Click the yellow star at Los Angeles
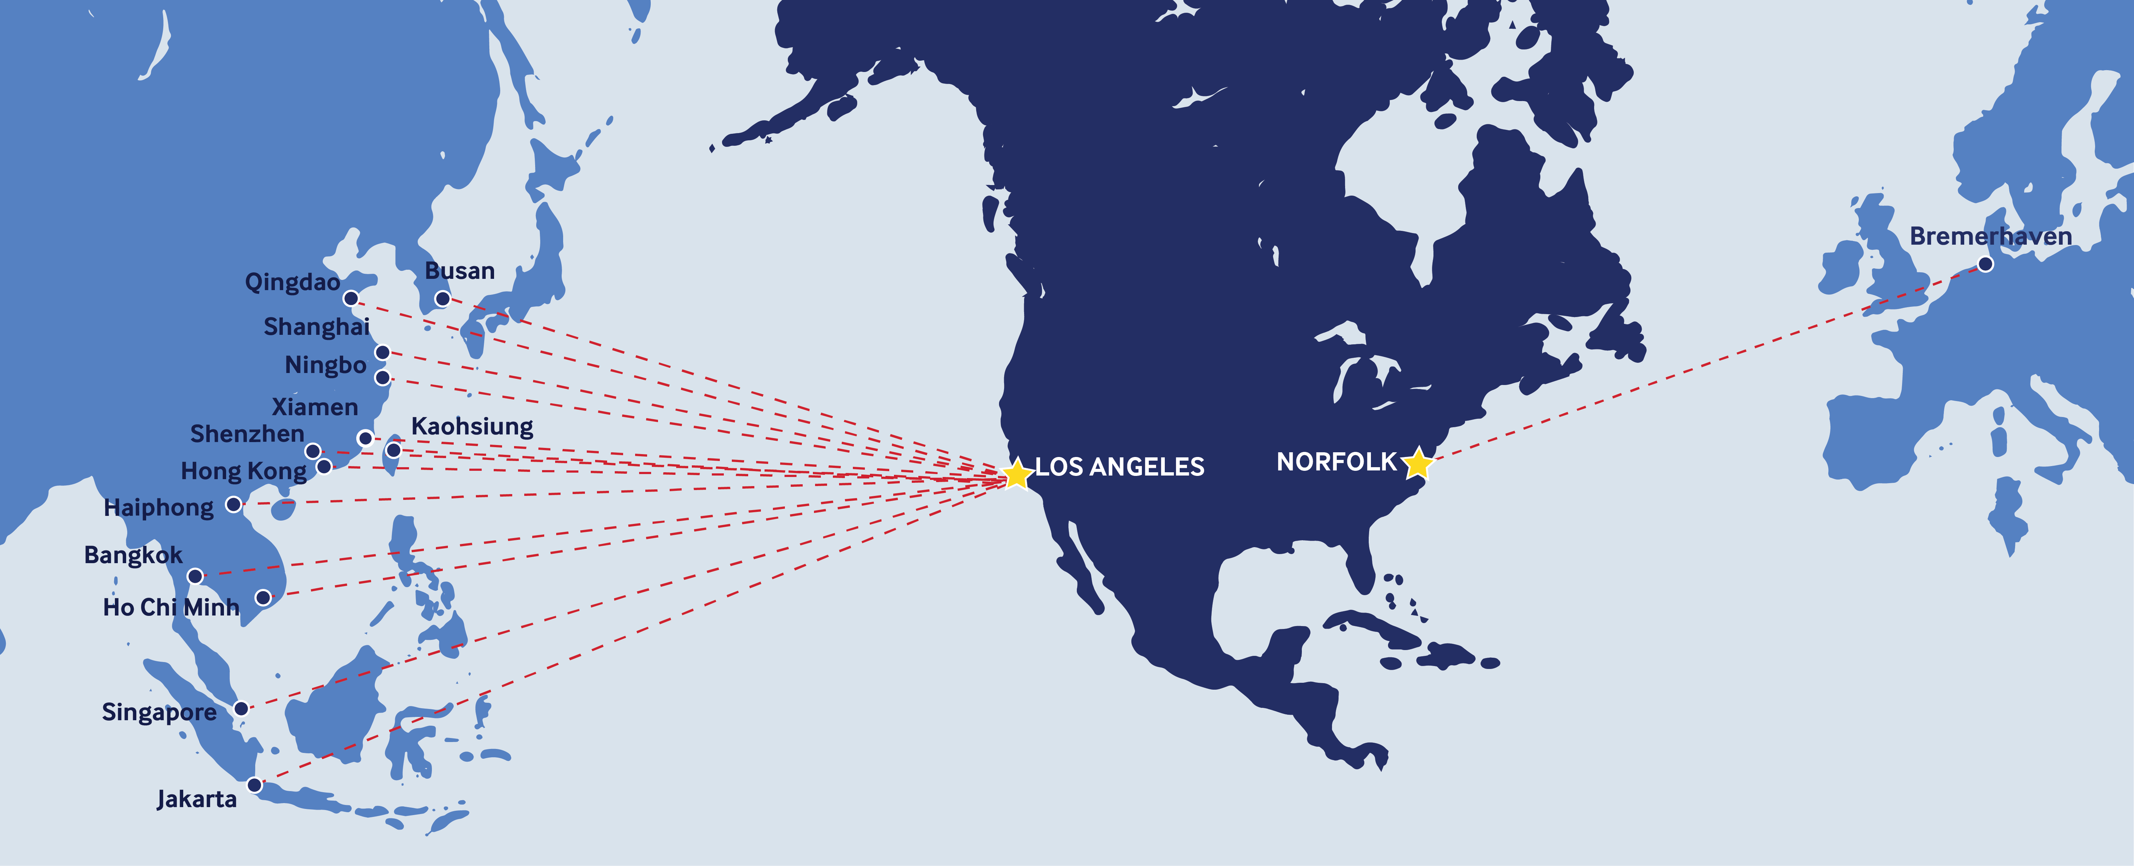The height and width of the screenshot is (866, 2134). click(x=1016, y=472)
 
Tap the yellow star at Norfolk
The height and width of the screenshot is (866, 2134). click(x=1417, y=462)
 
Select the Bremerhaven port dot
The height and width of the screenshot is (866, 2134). click(x=1985, y=264)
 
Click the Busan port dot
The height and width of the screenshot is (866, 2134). click(x=442, y=298)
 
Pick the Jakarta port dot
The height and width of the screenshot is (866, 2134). click(x=254, y=785)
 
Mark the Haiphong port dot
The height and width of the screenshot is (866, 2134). click(x=234, y=504)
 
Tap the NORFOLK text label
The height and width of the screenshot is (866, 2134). click(x=1336, y=462)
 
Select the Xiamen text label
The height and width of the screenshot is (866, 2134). click(x=315, y=407)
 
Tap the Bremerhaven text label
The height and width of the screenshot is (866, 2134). click(x=1990, y=236)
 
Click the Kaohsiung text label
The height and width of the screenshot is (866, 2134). click(x=472, y=427)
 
